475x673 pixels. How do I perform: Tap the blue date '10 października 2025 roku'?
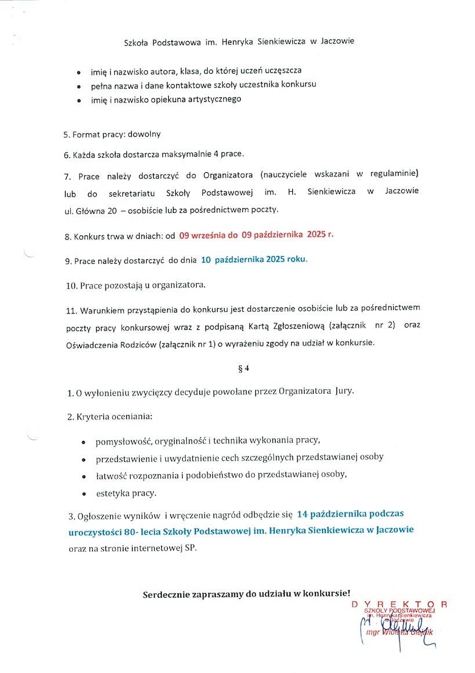(x=254, y=260)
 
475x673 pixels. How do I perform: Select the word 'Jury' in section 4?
(x=344, y=391)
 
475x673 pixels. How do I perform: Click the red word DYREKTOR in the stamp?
(x=400, y=604)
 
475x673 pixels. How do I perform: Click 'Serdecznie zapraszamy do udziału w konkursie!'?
(x=246, y=594)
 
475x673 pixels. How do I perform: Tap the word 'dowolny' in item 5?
(x=144, y=134)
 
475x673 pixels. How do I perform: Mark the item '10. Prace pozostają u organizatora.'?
(x=135, y=285)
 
